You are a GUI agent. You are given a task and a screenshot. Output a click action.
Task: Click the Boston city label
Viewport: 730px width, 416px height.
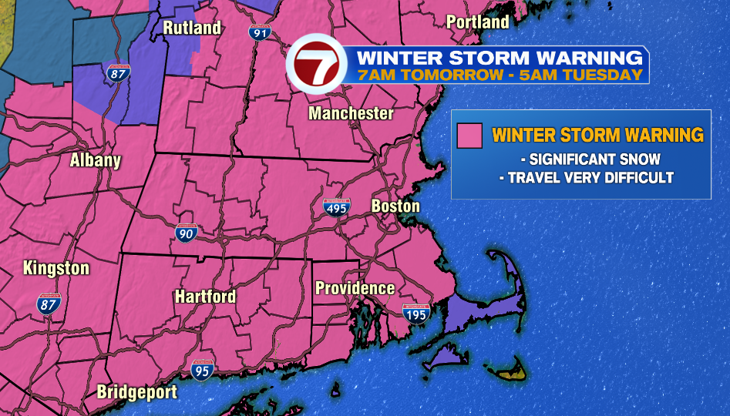(395, 206)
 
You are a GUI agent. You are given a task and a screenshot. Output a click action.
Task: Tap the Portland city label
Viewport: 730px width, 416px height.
(478, 22)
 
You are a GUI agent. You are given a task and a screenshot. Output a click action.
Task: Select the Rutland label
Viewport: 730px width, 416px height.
(192, 29)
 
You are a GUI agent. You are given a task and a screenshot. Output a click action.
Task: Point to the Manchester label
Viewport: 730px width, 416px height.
(351, 114)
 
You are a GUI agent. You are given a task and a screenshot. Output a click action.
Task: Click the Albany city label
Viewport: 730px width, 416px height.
(96, 161)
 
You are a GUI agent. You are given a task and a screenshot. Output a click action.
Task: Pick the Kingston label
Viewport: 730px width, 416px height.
(56, 269)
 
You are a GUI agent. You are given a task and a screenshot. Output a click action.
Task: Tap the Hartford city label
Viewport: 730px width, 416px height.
(205, 297)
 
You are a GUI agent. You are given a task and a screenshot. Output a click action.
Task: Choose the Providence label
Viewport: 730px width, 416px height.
(355, 289)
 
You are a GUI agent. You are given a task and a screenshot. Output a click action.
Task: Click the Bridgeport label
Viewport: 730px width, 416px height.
(136, 392)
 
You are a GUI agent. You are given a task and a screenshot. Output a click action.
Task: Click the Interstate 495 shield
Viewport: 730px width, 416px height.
(336, 206)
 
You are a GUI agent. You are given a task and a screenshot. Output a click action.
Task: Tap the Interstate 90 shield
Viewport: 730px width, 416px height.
(185, 233)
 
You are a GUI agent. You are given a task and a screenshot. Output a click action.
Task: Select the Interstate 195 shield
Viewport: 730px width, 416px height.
(416, 313)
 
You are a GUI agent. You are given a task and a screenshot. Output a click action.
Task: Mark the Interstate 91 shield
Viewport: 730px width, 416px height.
(260, 32)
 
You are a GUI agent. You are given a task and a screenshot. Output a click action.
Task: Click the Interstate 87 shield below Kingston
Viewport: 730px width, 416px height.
(48, 304)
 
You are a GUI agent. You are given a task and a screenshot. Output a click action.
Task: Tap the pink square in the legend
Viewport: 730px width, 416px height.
(469, 136)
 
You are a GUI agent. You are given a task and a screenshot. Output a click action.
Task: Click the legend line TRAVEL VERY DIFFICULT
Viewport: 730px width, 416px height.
(586, 178)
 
